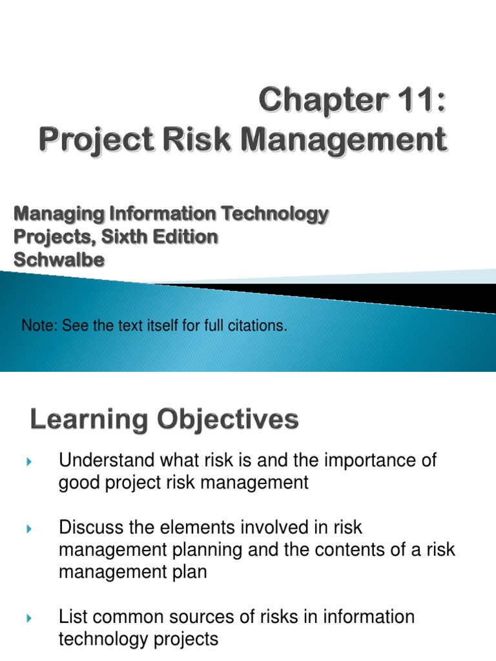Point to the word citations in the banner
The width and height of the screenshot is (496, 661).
(x=254, y=326)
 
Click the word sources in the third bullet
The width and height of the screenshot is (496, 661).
(x=215, y=616)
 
